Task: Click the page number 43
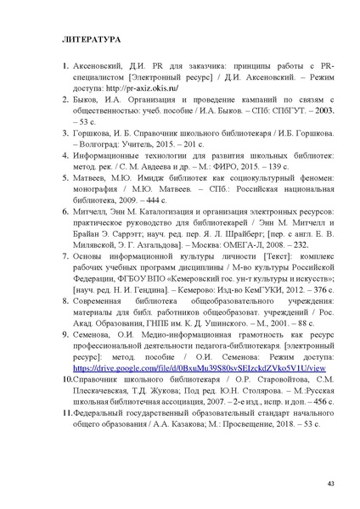coord(329,484)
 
